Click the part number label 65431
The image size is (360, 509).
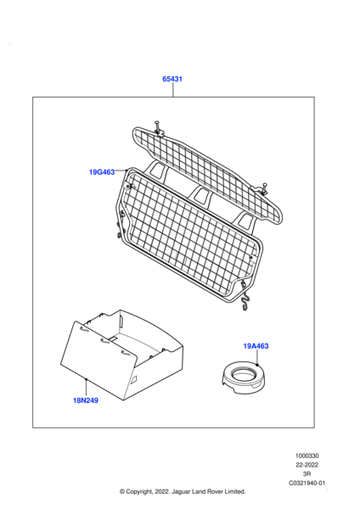172,79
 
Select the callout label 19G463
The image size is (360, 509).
102,172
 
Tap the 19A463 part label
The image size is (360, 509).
256,346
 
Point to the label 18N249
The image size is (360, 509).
86,400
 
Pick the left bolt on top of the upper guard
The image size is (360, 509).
158,128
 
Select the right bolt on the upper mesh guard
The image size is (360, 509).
263,188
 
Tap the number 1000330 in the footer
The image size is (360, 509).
307,456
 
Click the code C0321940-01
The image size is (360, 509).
307,483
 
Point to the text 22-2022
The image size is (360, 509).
307,465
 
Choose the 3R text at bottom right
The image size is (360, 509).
307,474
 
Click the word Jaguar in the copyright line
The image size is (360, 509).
180,492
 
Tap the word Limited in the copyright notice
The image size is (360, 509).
234,491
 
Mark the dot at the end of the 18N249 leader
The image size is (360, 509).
86,379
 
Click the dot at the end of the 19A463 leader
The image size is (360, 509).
257,365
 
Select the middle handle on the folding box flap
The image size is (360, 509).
105,341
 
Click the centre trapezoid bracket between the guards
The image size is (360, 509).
202,196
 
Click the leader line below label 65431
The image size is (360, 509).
173,90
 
